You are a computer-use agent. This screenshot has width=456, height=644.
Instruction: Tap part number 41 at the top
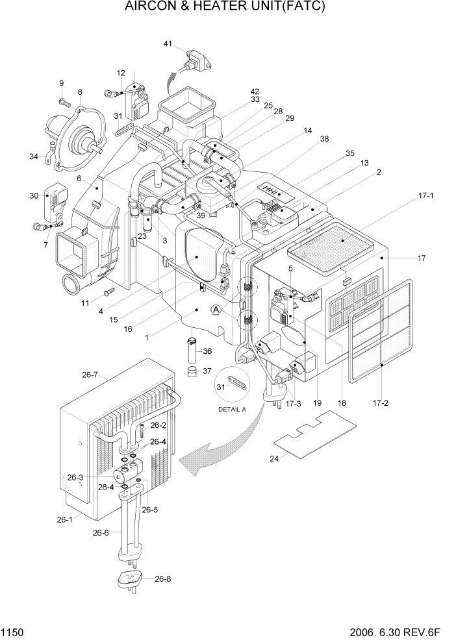[x=168, y=43]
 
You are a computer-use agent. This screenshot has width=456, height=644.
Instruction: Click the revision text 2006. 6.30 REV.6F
[x=398, y=631]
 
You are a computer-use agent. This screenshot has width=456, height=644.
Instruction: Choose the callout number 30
[x=34, y=196]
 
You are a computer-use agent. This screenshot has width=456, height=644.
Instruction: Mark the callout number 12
[x=121, y=73]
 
